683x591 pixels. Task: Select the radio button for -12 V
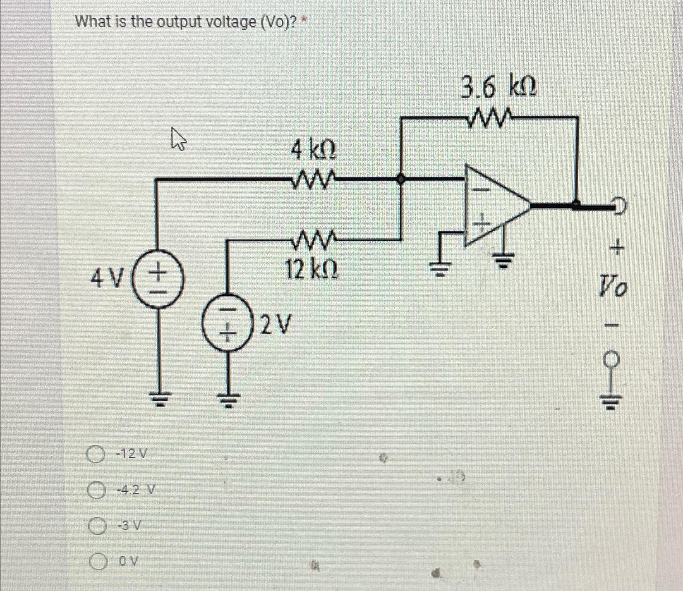[x=95, y=454]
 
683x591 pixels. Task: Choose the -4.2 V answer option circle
[x=95, y=491]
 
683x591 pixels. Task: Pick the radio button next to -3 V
[x=96, y=526]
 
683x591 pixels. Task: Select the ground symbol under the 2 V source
[x=227, y=398]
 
